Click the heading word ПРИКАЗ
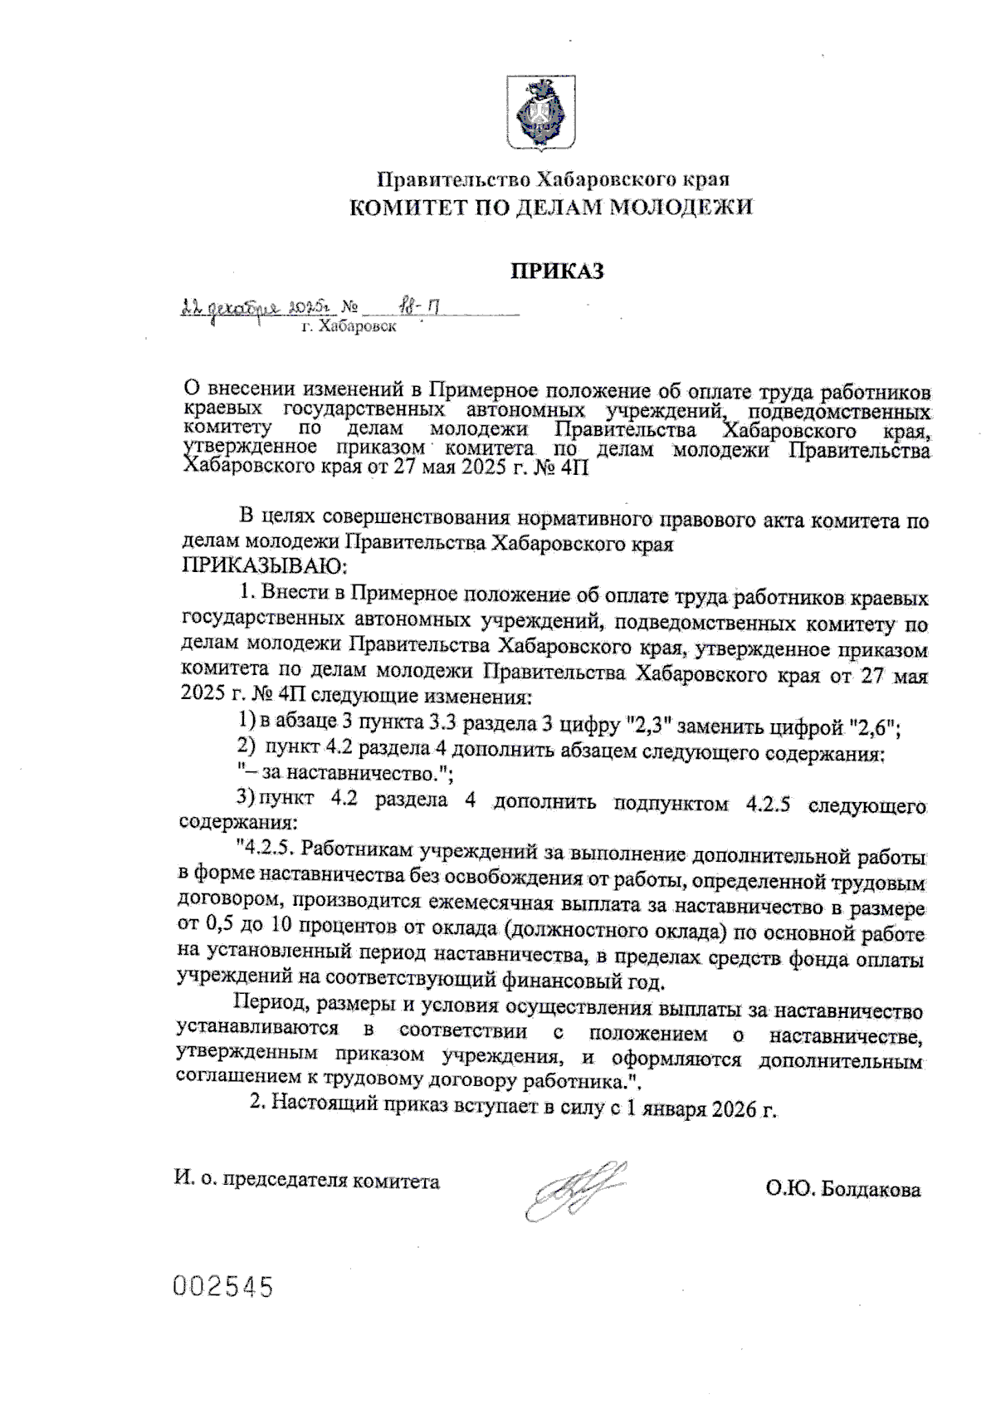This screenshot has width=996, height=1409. click(554, 272)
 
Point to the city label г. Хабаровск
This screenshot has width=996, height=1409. click(349, 327)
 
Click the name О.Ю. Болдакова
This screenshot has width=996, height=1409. click(843, 1190)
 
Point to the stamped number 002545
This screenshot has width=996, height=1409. click(222, 1287)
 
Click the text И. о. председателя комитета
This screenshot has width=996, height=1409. click(307, 1181)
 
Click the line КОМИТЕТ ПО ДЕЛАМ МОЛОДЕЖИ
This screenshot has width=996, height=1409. click(551, 208)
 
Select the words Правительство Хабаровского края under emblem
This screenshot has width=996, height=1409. click(553, 179)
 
